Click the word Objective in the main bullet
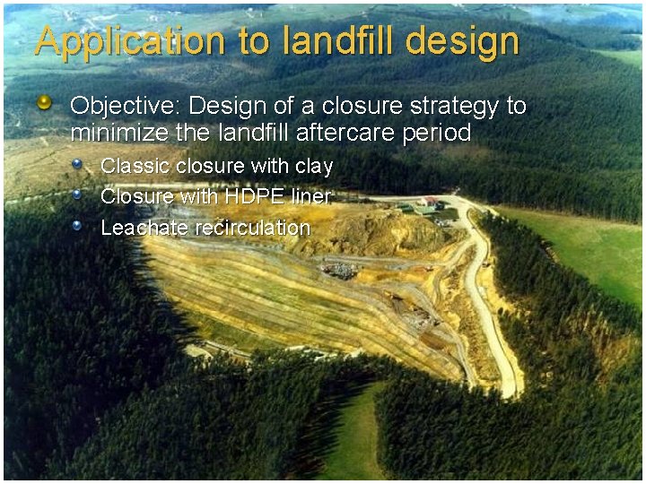(x=125, y=106)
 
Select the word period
(x=439, y=134)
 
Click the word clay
(x=313, y=167)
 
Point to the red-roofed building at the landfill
(x=432, y=202)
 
